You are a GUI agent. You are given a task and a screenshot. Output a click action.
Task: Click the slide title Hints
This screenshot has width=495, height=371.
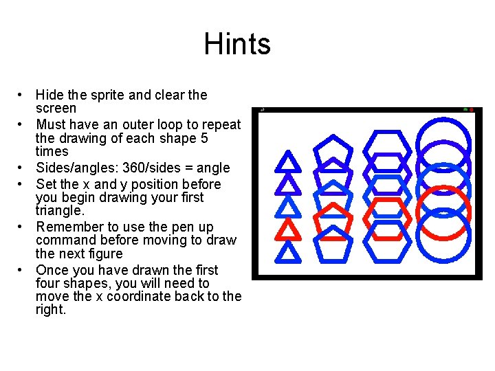pos(237,45)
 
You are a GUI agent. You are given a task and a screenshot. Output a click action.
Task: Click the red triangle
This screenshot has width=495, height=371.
pos(289,229)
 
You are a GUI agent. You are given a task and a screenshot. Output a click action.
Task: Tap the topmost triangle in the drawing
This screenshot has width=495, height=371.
pos(288,163)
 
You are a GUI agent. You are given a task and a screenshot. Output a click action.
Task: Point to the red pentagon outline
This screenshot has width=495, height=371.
pos(333,217)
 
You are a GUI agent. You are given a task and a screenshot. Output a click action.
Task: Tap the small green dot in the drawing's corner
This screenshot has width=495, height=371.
pos(465,110)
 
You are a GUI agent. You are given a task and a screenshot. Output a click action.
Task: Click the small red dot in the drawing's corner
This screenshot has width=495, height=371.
pos(472,110)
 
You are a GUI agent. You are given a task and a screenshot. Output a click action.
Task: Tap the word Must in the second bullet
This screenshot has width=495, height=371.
pos(49,125)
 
